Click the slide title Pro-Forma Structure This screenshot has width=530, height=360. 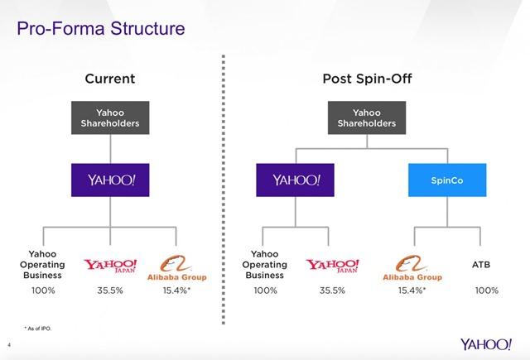coord(94,31)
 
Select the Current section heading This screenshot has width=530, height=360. coord(110,79)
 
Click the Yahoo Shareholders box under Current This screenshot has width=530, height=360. coord(111,118)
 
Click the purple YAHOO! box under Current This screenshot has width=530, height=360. coord(110,180)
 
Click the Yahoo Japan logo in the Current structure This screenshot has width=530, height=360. coord(111,266)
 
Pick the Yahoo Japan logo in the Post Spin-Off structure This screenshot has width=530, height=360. coord(334,266)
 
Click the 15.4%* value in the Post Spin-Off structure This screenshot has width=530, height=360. coord(410,291)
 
